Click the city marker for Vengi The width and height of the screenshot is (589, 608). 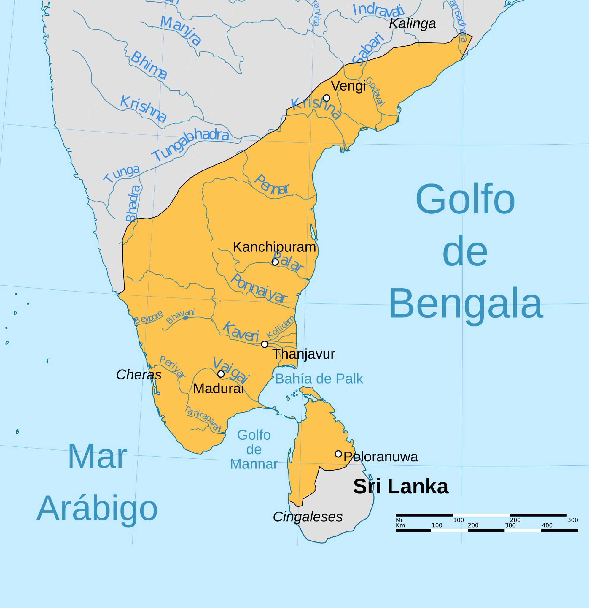326,98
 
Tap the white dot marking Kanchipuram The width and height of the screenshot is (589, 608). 275,262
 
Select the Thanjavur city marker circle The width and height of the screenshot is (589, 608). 265,344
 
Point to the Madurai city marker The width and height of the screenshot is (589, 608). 221,374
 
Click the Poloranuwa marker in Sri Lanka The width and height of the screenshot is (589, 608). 338,454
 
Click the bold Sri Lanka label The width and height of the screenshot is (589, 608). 401,486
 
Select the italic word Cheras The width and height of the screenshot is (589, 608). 139,375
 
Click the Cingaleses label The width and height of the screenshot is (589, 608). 308,517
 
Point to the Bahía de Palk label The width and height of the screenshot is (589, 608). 319,379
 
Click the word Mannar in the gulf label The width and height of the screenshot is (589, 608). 254,464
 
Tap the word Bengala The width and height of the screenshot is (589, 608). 466,303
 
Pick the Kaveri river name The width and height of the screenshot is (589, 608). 241,332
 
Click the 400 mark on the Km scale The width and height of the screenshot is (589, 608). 547,525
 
